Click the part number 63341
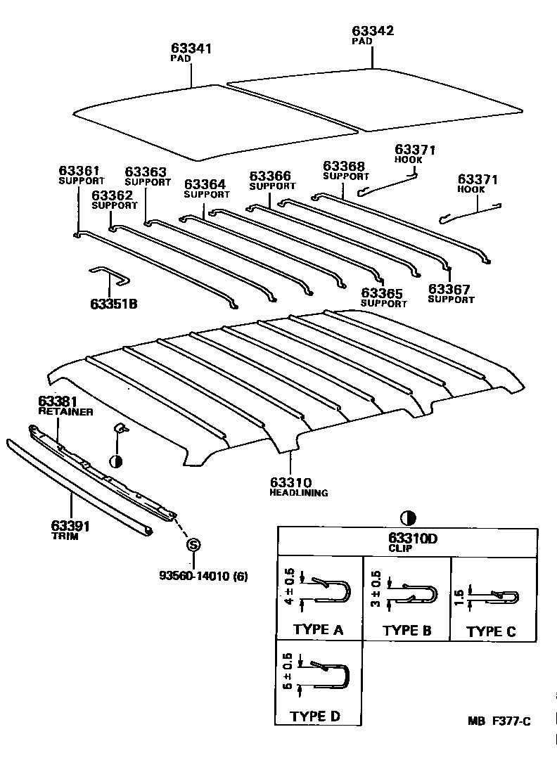click(191, 49)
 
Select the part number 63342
click(373, 31)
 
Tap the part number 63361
click(79, 171)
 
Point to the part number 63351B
click(113, 304)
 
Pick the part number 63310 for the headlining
click(290, 482)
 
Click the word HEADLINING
click(299, 493)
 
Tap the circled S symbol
click(193, 546)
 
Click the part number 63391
click(71, 525)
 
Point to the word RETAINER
click(65, 412)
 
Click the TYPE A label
click(318, 629)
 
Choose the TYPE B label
click(406, 630)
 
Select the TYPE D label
click(315, 716)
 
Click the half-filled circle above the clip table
click(406, 519)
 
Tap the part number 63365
click(383, 293)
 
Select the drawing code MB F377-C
click(499, 721)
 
